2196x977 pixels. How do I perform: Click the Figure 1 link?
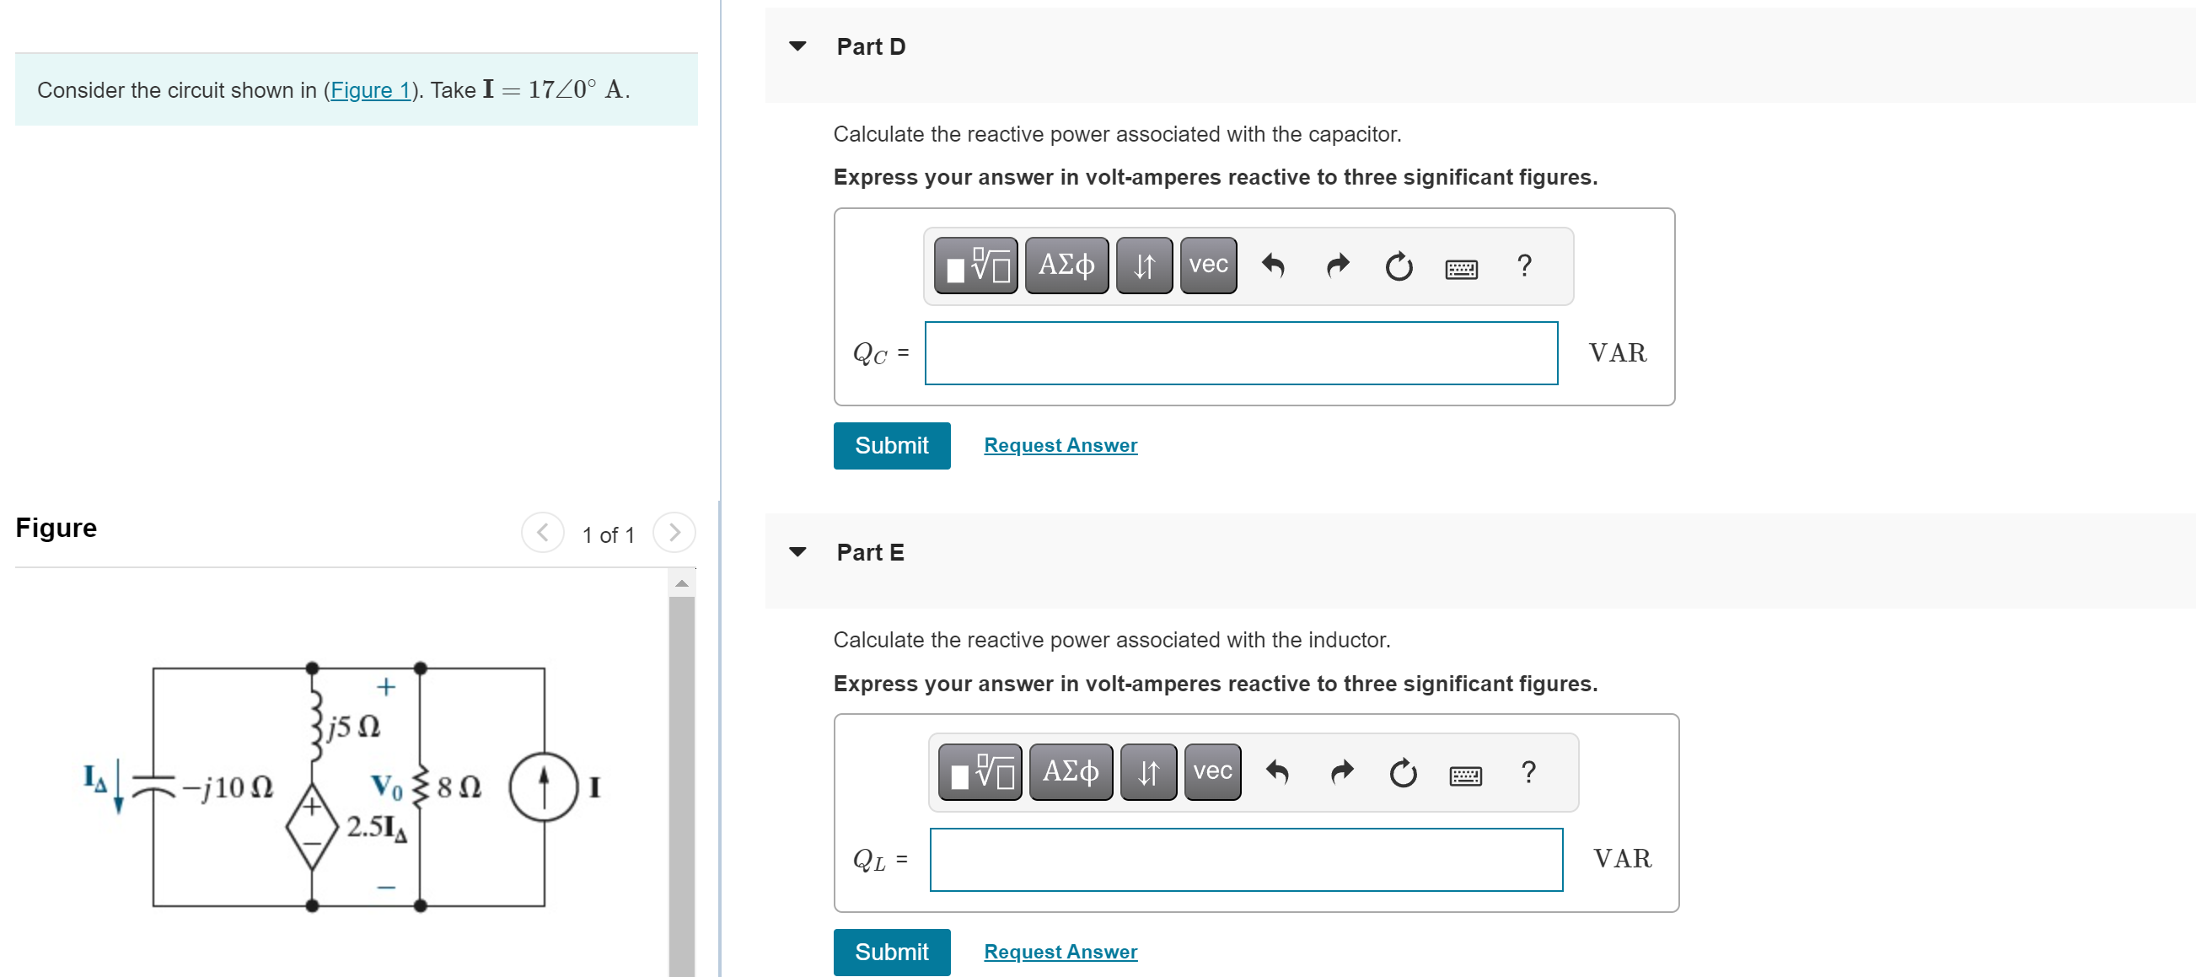(370, 90)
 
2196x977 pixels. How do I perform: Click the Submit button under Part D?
(891, 445)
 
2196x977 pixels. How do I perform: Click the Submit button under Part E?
(891, 951)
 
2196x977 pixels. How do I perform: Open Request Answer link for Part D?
(1060, 445)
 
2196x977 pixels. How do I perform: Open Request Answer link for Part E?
(1060, 951)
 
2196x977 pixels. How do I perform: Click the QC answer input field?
(1240, 353)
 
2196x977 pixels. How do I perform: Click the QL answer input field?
(1245, 859)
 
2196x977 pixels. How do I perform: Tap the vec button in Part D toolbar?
(1208, 266)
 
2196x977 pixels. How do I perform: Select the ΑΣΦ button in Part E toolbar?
(1071, 771)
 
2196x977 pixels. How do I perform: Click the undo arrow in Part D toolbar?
(1273, 266)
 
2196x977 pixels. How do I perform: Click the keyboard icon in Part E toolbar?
(1465, 775)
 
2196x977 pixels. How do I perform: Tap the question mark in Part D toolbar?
(1524, 266)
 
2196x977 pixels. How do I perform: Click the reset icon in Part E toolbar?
(1403, 773)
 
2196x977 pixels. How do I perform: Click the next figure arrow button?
(674, 533)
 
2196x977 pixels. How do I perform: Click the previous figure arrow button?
(542, 533)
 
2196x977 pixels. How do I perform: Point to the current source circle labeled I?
(544, 786)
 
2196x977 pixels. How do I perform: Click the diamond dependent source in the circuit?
(312, 825)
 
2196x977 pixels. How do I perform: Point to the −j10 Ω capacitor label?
(227, 786)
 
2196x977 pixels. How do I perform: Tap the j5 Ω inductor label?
(353, 727)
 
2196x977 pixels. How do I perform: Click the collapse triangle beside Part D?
(798, 46)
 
